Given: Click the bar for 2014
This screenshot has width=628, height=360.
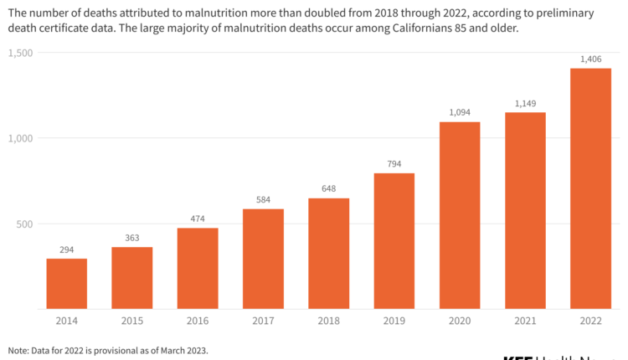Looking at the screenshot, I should pos(66,284).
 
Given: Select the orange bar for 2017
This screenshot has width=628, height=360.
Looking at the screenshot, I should pos(263,259).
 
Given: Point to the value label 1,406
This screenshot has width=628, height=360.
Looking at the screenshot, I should pos(590,59).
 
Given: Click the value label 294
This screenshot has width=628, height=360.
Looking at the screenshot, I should pos(66,249).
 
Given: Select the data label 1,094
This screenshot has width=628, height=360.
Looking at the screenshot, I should pos(460,113).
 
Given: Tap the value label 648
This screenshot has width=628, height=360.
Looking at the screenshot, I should pos(328,189).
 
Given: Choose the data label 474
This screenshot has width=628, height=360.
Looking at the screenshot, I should pos(197,219).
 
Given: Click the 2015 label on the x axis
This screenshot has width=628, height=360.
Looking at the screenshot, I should pos(131,321).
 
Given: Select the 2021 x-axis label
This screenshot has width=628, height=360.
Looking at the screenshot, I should pos(525,321).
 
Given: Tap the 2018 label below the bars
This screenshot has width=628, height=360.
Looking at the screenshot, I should pos(328,321).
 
